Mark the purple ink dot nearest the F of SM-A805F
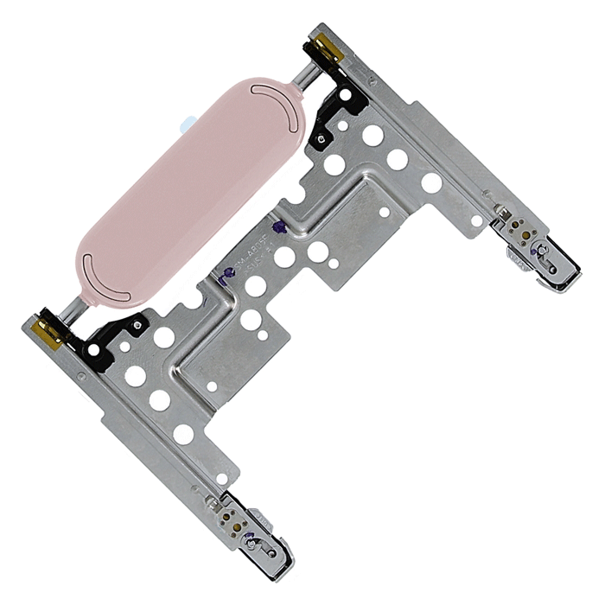(278, 228)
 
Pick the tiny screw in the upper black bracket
(322, 138)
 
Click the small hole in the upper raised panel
(385, 212)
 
